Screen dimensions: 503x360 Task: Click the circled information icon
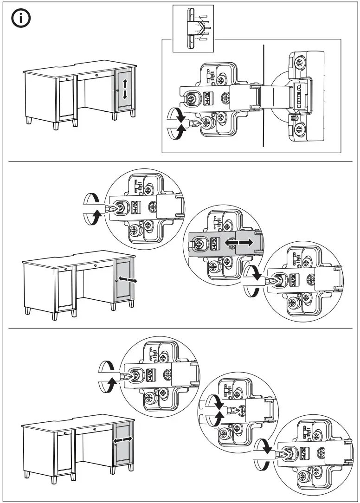(21, 19)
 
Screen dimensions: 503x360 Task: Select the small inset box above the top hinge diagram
(193, 28)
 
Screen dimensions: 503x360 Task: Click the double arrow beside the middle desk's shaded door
(127, 280)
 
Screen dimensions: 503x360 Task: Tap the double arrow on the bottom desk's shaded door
(123, 439)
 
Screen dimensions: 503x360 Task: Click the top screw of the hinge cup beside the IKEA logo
(300, 62)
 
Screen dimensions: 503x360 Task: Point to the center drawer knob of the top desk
(96, 75)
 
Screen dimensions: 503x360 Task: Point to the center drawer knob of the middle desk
(96, 265)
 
